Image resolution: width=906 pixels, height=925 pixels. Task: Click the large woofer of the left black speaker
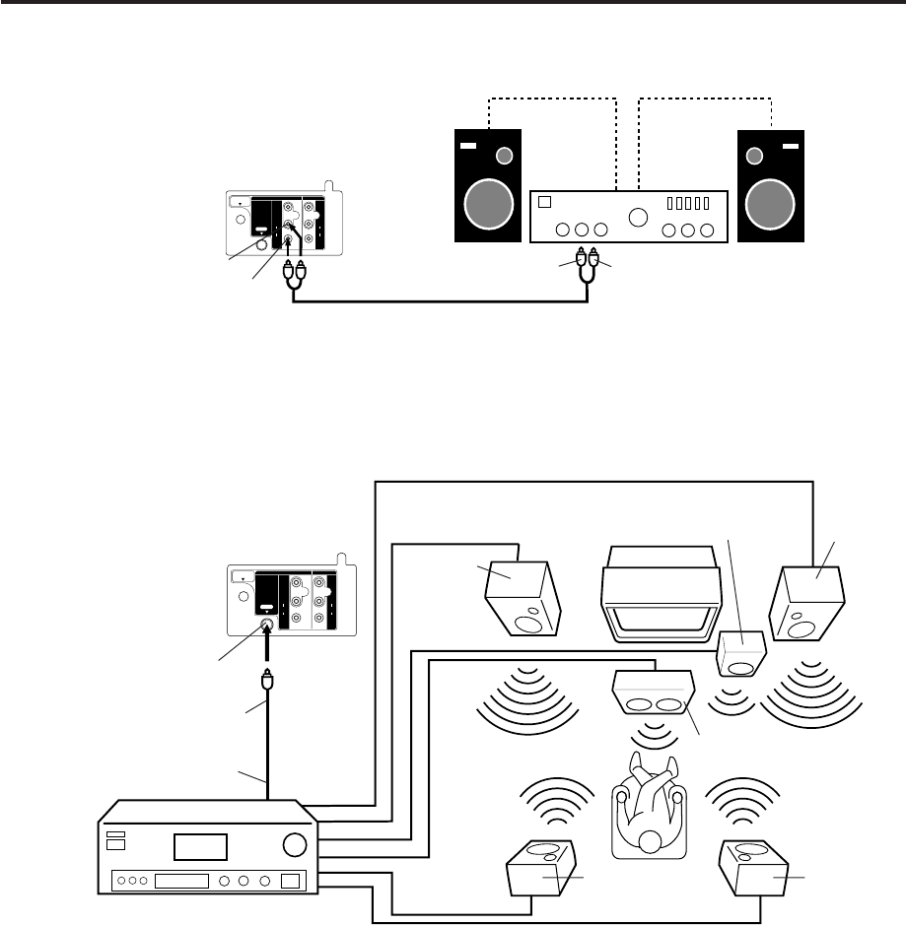(485, 206)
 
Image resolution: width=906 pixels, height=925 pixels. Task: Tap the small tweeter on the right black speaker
(756, 156)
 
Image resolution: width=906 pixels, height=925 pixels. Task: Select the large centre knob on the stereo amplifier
(640, 217)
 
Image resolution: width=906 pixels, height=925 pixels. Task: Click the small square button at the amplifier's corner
(543, 204)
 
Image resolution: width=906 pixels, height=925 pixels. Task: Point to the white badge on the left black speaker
(468, 150)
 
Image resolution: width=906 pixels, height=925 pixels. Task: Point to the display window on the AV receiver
(200, 845)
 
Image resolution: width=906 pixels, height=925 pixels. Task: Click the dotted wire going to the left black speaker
(552, 99)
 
